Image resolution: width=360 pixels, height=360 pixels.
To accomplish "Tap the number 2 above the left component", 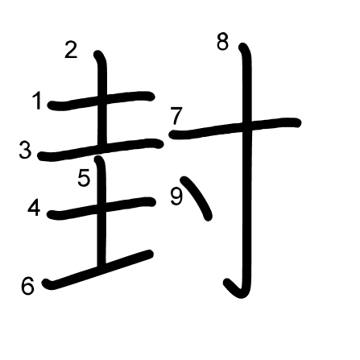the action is pyautogui.click(x=71, y=49).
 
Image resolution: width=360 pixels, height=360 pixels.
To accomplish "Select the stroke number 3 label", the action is pyautogui.click(x=25, y=150).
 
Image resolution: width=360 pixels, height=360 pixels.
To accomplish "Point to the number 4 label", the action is pyautogui.click(x=34, y=208).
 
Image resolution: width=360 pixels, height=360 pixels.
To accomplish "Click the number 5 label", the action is pyautogui.click(x=84, y=178).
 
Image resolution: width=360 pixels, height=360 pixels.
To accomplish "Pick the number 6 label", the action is pyautogui.click(x=27, y=286).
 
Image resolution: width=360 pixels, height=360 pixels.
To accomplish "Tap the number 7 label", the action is pyautogui.click(x=176, y=116).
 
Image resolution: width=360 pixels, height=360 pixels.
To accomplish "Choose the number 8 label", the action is pyautogui.click(x=223, y=42).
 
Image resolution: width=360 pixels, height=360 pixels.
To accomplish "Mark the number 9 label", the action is pyautogui.click(x=176, y=197).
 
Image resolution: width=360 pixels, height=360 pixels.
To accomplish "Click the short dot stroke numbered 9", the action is pyautogui.click(x=197, y=197).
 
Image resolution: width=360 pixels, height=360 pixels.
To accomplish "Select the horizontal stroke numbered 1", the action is pyautogui.click(x=101, y=101).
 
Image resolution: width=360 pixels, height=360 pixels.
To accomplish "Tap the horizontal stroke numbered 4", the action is pyautogui.click(x=101, y=209).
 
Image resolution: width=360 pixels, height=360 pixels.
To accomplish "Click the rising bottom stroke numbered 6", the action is pyautogui.click(x=98, y=270).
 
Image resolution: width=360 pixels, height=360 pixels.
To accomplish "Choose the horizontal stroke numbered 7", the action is pyautogui.click(x=235, y=128).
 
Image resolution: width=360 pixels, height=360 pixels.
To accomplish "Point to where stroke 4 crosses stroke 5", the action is pyautogui.click(x=101, y=208).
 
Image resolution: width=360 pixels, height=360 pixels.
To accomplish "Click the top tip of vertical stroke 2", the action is pyautogui.click(x=98, y=54).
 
